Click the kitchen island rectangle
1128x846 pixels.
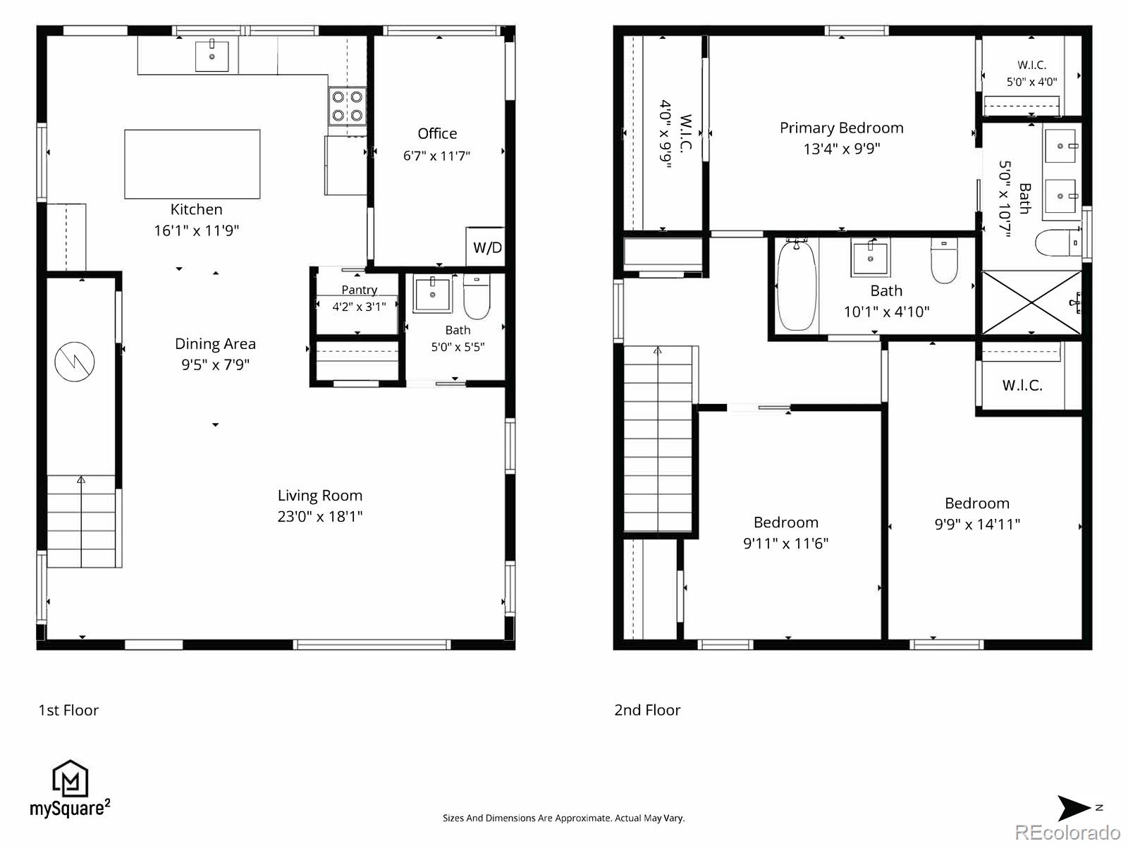click(x=192, y=164)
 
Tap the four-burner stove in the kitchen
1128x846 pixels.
click(x=348, y=106)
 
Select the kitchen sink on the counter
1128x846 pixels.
click(x=211, y=56)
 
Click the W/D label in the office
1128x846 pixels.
click(x=487, y=247)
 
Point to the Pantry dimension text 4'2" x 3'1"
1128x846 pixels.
click(x=360, y=307)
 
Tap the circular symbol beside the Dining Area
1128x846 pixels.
click(x=75, y=362)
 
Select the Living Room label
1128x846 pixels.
click(x=320, y=496)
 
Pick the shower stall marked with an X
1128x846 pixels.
click(x=1031, y=303)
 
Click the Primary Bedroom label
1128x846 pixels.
click(x=842, y=128)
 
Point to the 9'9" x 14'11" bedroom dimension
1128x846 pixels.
click(x=977, y=524)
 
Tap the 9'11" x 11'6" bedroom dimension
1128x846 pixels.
click(x=786, y=543)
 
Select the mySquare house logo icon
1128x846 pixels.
click(x=70, y=779)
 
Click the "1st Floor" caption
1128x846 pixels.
click(x=68, y=710)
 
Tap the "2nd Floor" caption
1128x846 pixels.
click(x=647, y=710)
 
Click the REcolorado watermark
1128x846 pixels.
click(x=1067, y=832)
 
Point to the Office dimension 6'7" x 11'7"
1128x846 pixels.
click(x=437, y=156)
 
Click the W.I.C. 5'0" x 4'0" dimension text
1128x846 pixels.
click(x=1031, y=82)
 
